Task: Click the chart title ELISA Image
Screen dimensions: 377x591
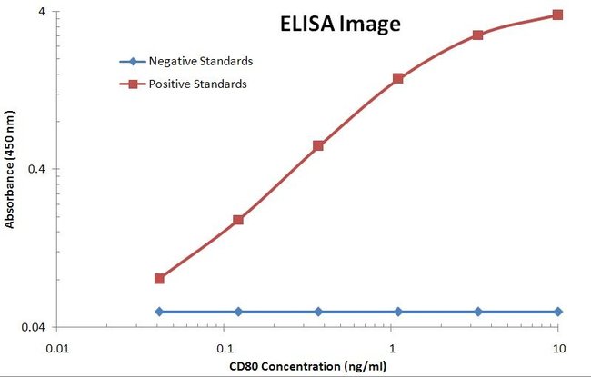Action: pyautogui.click(x=339, y=25)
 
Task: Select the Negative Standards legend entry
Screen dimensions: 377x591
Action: pyautogui.click(x=200, y=61)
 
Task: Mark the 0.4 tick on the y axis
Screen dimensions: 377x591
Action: pyautogui.click(x=38, y=169)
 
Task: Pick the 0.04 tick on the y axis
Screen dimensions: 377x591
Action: pyautogui.click(x=35, y=327)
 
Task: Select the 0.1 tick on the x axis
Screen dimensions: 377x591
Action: pyautogui.click(x=225, y=347)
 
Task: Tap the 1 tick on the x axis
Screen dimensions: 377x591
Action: pyautogui.click(x=392, y=347)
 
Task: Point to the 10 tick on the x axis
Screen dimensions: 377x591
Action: pyautogui.click(x=558, y=347)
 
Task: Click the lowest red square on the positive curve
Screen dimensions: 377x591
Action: pyautogui.click(x=159, y=279)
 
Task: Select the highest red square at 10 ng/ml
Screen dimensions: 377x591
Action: pyautogui.click(x=558, y=15)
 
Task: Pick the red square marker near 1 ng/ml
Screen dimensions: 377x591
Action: pyautogui.click(x=398, y=78)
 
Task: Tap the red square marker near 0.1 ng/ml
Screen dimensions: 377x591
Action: pyautogui.click(x=238, y=220)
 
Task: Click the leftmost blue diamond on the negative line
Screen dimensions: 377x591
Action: pyautogui.click(x=159, y=312)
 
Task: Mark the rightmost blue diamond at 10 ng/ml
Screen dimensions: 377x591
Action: pyautogui.click(x=558, y=312)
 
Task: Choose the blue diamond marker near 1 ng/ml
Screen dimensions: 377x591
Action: pyautogui.click(x=398, y=312)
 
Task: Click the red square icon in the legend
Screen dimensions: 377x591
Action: pyautogui.click(x=132, y=84)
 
